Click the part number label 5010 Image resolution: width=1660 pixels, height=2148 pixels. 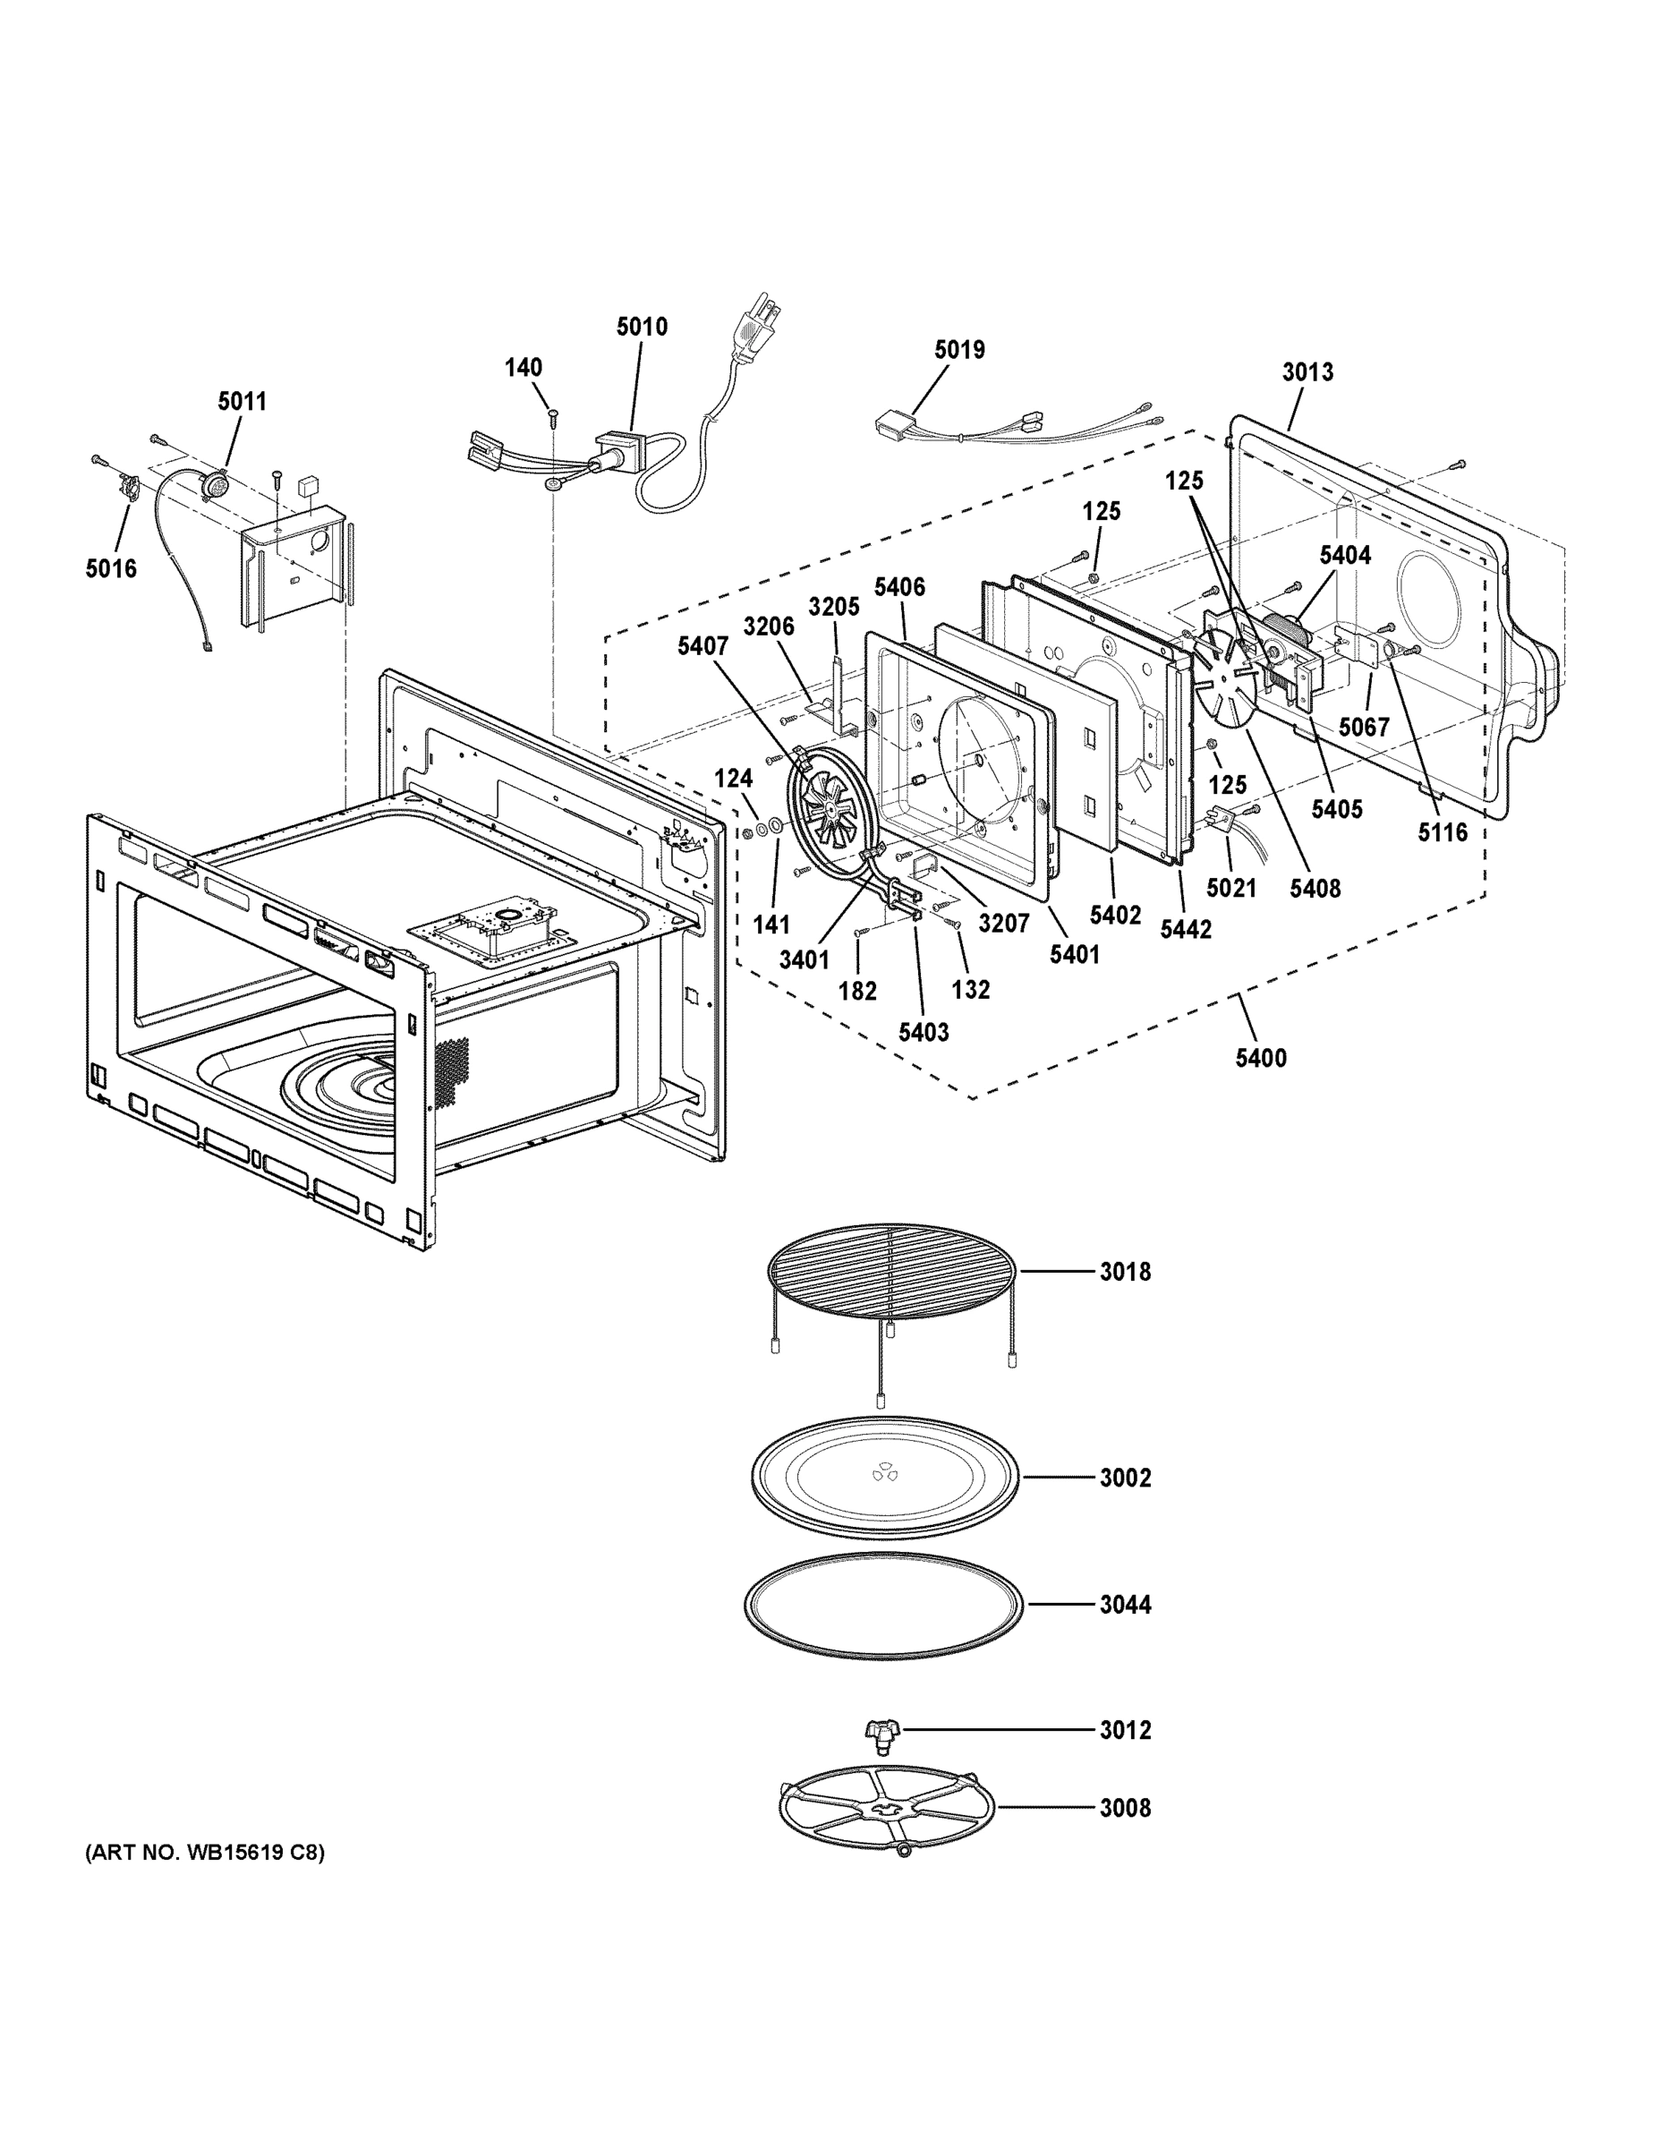(x=642, y=327)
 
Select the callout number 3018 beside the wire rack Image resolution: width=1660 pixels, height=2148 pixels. (x=1125, y=1272)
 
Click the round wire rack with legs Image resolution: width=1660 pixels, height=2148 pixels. (x=891, y=1269)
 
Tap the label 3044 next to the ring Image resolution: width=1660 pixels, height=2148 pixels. (x=1125, y=1604)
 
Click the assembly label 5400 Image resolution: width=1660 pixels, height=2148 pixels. (x=1261, y=1058)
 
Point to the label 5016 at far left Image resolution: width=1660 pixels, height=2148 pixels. (x=111, y=568)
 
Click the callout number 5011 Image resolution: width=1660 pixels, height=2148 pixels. (x=242, y=401)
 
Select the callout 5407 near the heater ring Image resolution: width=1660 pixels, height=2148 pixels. (x=702, y=646)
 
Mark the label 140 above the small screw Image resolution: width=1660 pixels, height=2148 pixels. (x=524, y=368)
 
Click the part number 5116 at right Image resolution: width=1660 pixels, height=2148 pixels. (x=1442, y=832)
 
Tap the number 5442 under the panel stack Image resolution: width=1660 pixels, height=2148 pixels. (x=1185, y=928)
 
